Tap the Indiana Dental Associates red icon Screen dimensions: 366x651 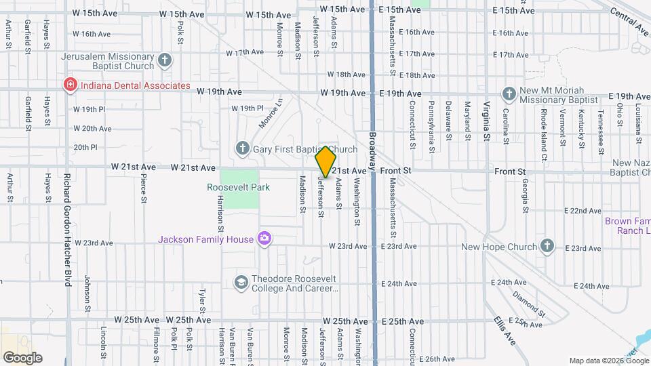coord(69,85)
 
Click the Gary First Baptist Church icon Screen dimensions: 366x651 coord(242,148)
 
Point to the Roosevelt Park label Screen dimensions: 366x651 coord(239,187)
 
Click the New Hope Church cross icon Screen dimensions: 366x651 coord(547,247)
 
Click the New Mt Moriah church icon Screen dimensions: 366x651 coord(509,93)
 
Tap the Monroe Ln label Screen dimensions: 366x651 coord(270,114)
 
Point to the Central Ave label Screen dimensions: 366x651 coord(629,21)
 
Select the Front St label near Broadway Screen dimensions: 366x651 coord(393,171)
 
